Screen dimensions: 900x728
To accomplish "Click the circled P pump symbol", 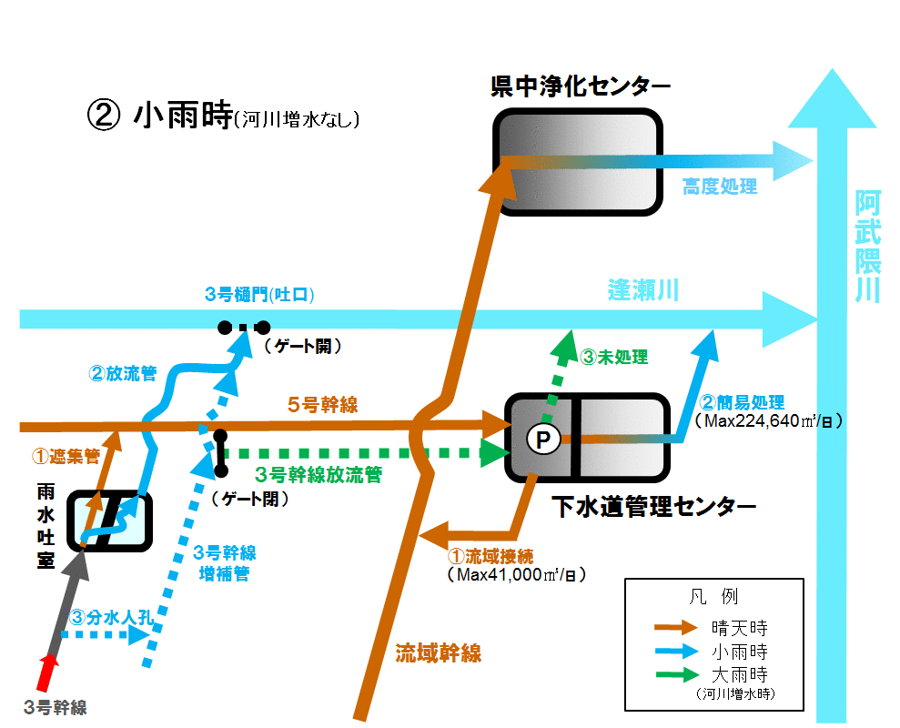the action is tap(543, 440).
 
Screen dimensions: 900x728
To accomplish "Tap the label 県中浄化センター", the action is tap(581, 86).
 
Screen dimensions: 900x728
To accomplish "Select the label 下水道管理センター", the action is tap(653, 506).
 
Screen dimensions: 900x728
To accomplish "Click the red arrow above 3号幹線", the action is tap(48, 672).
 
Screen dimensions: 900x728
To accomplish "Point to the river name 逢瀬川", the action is tap(643, 290).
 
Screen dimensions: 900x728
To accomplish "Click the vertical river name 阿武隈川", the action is tap(867, 247).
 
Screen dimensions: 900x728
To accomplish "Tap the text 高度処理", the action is tap(720, 187).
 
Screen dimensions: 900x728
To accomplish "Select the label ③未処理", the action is tap(614, 357).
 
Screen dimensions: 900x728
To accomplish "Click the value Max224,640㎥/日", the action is tap(769, 420).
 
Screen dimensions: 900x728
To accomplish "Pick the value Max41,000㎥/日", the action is tap(517, 574).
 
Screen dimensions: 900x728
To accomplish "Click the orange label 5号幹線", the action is tap(322, 405).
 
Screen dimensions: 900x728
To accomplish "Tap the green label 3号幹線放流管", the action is tap(319, 475).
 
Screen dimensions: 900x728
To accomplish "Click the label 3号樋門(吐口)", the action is tap(259, 295).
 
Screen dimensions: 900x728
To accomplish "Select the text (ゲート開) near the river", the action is tap(303, 346).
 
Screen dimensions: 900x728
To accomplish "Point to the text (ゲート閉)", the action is tap(249, 499).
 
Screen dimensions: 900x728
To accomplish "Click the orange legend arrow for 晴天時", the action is tap(676, 627).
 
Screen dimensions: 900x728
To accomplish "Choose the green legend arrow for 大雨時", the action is tap(677, 674).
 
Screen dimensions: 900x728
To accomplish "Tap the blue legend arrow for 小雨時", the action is tap(677, 651).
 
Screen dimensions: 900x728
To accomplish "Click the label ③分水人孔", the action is tap(111, 618).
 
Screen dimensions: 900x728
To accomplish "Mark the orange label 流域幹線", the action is tap(438, 653).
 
